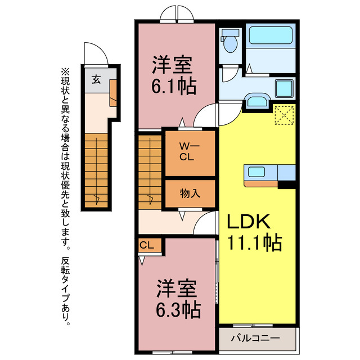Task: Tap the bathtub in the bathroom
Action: (271, 35)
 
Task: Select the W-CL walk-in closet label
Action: (188, 152)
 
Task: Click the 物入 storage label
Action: (190, 193)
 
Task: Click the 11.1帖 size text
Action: (254, 243)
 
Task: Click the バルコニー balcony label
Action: (256, 339)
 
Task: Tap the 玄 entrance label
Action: (96, 79)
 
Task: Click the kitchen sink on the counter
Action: (258, 172)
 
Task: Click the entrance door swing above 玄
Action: (96, 55)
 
